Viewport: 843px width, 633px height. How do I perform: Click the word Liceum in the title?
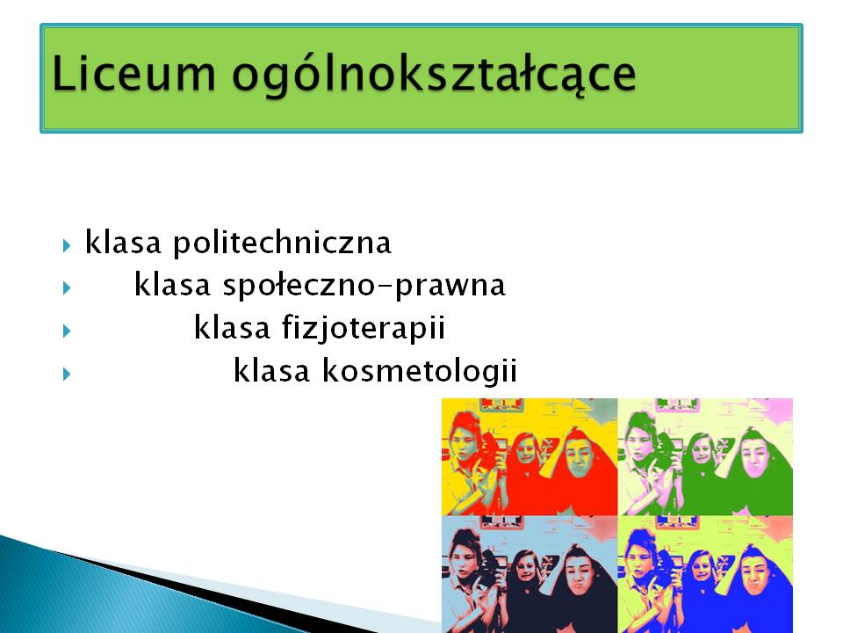[133, 73]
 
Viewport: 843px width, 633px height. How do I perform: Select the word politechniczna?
[282, 244]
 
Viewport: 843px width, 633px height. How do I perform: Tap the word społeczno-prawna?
[364, 286]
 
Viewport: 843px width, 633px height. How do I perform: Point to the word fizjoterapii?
[364, 328]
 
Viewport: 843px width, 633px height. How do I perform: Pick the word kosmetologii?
[420, 371]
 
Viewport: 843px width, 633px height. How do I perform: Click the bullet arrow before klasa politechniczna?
[67, 246]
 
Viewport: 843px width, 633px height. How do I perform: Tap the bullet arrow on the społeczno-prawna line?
[67, 288]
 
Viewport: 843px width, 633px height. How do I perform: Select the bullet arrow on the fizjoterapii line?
[67, 331]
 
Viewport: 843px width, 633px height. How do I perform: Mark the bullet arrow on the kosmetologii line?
[67, 373]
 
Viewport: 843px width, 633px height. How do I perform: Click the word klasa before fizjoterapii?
[232, 327]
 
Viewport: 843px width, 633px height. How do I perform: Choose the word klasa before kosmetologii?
[271, 370]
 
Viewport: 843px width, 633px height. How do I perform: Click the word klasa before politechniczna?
[123, 243]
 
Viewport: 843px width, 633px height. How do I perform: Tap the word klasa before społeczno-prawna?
[172, 285]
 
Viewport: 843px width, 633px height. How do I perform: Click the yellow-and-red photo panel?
[530, 457]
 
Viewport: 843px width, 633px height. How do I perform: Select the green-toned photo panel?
[705, 457]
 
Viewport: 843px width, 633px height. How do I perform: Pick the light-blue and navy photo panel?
[530, 574]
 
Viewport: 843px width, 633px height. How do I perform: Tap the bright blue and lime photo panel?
[705, 574]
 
